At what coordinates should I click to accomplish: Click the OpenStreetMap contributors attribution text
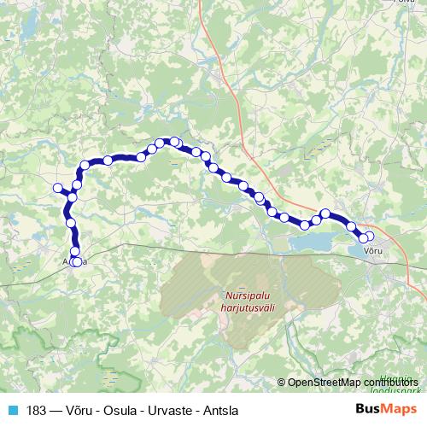coord(354,382)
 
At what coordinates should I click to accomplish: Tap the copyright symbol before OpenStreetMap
coord(282,382)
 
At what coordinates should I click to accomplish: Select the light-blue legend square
coord(11,409)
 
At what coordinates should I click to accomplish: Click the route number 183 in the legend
coord(38,409)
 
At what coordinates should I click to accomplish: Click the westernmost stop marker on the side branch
coord(58,188)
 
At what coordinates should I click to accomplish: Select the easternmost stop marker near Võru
coord(369,237)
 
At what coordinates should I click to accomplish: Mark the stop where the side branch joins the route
coord(72,197)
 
